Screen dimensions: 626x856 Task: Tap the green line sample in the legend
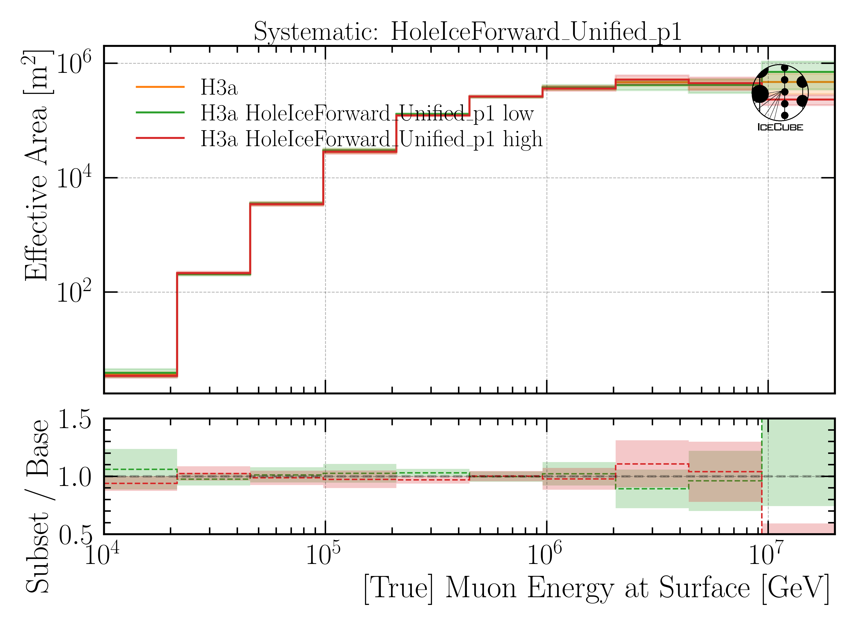pos(160,113)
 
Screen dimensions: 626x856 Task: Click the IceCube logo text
pos(780,127)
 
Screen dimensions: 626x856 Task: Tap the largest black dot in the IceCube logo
pos(760,94)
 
